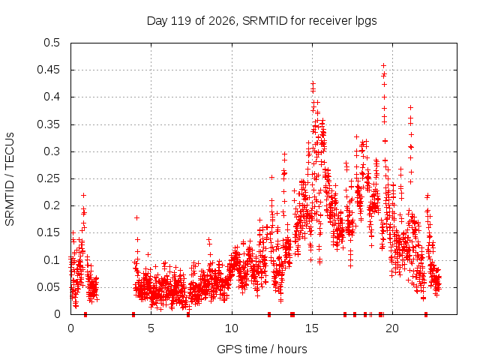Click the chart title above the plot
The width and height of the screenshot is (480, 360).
click(x=262, y=21)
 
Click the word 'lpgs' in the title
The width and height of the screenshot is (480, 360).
click(x=366, y=21)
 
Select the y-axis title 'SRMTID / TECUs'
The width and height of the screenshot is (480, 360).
click(x=10, y=179)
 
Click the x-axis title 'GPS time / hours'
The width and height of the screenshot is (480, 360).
click(x=262, y=349)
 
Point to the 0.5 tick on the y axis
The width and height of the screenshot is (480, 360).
click(x=52, y=43)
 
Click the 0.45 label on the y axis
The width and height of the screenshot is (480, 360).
click(x=48, y=70)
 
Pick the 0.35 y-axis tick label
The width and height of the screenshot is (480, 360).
click(x=48, y=124)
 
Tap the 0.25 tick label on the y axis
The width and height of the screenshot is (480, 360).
click(x=48, y=178)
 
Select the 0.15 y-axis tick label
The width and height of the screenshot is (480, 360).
click(x=48, y=232)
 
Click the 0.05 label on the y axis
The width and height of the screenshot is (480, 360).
click(x=48, y=287)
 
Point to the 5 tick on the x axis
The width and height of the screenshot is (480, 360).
click(x=151, y=328)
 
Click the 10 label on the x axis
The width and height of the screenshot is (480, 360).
click(x=232, y=328)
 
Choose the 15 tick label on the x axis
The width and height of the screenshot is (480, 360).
click(x=312, y=328)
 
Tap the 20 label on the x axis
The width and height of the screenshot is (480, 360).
click(x=392, y=328)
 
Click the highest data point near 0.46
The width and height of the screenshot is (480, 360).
click(x=383, y=65)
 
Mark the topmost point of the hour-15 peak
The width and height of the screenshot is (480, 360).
click(x=313, y=83)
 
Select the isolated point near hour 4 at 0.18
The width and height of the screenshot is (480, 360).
click(x=136, y=217)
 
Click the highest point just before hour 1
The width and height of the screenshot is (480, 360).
click(x=83, y=195)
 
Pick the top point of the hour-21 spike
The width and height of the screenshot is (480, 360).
click(x=410, y=107)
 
